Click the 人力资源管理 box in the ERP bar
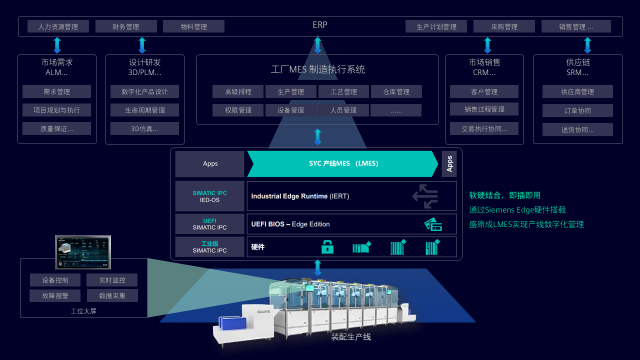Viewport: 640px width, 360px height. pyautogui.click(x=58, y=26)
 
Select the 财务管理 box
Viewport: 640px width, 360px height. pyautogui.click(x=126, y=26)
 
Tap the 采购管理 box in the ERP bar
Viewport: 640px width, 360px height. pyautogui.click(x=504, y=26)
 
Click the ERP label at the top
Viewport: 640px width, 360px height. pyautogui.click(x=320, y=24)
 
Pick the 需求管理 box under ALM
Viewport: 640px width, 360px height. pyautogui.click(x=56, y=91)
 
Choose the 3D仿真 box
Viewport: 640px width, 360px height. pyautogui.click(x=144, y=128)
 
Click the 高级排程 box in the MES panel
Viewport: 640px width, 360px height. pyautogui.click(x=238, y=91)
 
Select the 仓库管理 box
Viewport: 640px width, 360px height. pyautogui.click(x=396, y=91)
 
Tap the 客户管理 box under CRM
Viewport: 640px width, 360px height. pyautogui.click(x=484, y=91)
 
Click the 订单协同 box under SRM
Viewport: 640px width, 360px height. pyautogui.click(x=577, y=110)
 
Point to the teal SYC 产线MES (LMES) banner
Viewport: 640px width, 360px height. pyautogui.click(x=342, y=163)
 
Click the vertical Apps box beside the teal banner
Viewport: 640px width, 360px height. pyautogui.click(x=449, y=164)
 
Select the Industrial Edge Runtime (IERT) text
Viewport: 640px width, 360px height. pyautogui.click(x=300, y=196)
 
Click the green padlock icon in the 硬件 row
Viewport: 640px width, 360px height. pyautogui.click(x=327, y=247)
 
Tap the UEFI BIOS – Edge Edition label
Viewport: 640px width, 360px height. pyautogui.click(x=290, y=224)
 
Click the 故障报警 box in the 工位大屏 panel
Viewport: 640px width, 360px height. pyautogui.click(x=55, y=295)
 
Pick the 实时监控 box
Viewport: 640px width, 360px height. pyautogui.click(x=112, y=280)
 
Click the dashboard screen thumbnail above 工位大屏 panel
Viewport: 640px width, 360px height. pyautogui.click(x=82, y=252)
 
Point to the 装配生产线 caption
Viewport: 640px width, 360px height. pyautogui.click(x=351, y=337)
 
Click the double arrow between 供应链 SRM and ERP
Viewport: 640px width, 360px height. pyautogui.click(x=587, y=45)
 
